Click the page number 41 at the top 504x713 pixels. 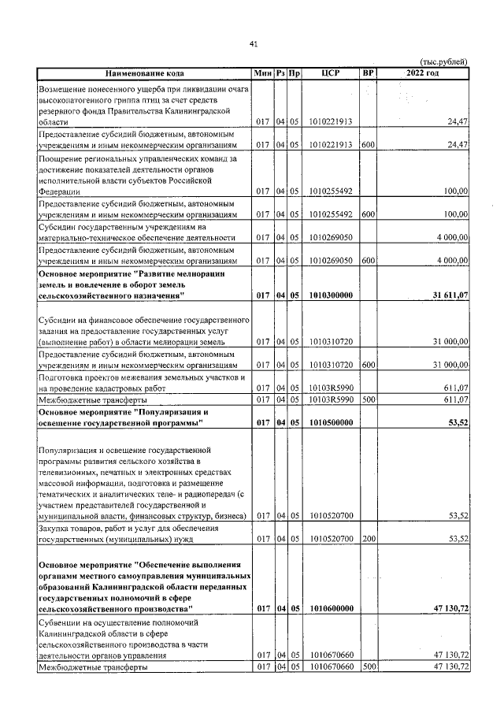click(x=254, y=43)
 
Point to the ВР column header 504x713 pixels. click(x=367, y=73)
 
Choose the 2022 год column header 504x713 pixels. click(x=423, y=73)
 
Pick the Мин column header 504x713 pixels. click(x=263, y=73)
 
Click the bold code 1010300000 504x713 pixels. click(x=331, y=295)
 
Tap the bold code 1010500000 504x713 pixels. click(x=331, y=423)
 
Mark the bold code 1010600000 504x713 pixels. click(x=331, y=609)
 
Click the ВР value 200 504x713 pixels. click(x=367, y=540)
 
